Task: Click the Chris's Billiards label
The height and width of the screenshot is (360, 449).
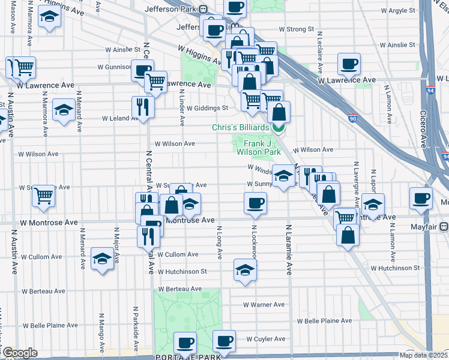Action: (x=240, y=128)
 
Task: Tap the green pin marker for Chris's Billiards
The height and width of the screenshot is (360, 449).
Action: (x=278, y=128)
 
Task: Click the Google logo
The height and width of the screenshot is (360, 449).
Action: (x=19, y=353)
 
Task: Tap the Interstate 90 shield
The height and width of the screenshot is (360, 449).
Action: (x=354, y=119)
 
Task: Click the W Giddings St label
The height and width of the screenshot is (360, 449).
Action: (x=207, y=109)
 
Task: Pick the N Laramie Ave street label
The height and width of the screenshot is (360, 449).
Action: (x=289, y=249)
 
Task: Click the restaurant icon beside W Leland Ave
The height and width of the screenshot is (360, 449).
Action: (x=143, y=106)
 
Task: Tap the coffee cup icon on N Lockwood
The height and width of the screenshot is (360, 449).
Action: (x=256, y=203)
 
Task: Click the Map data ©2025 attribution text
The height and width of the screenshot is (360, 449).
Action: (x=423, y=355)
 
